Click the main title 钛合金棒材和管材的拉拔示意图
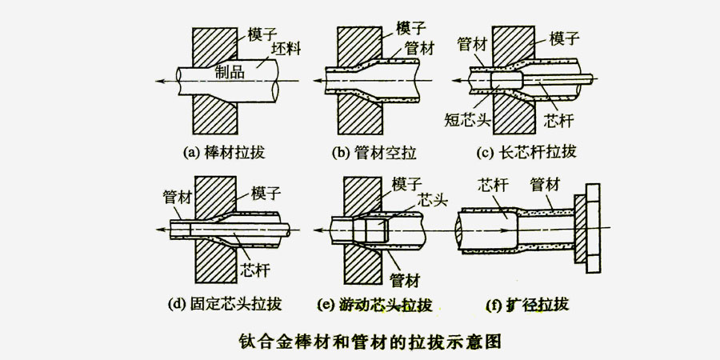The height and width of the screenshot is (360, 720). point(370,340)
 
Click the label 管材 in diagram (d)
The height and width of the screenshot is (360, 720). point(177,194)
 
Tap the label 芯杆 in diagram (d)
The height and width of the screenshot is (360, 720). point(254,270)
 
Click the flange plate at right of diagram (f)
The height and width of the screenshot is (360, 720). point(588,227)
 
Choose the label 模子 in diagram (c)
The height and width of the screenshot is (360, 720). point(566,37)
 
